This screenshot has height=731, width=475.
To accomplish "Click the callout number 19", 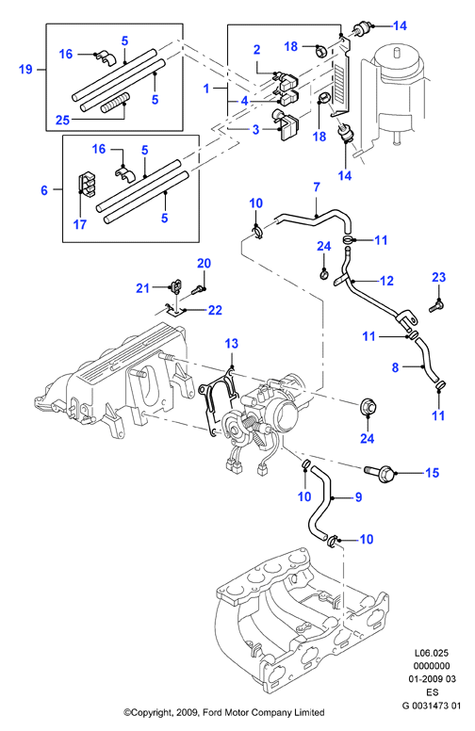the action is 25,70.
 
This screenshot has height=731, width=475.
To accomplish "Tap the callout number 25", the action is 62,121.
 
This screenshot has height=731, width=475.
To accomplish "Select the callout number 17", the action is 80,224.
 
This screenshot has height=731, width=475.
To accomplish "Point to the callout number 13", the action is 232,344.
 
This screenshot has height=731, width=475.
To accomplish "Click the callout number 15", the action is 433,473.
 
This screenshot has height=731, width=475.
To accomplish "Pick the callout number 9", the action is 358,497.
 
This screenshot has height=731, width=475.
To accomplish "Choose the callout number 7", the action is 317,187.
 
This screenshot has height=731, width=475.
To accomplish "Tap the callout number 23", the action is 438,277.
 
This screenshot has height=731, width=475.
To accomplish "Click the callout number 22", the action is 215,310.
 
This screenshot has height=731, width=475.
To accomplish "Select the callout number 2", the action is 256,49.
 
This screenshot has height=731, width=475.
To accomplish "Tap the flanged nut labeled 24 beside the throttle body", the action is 368,408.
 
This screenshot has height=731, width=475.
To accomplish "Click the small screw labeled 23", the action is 435,306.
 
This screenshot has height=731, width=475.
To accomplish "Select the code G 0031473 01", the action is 432,706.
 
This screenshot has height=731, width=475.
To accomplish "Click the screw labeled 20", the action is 197,291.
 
